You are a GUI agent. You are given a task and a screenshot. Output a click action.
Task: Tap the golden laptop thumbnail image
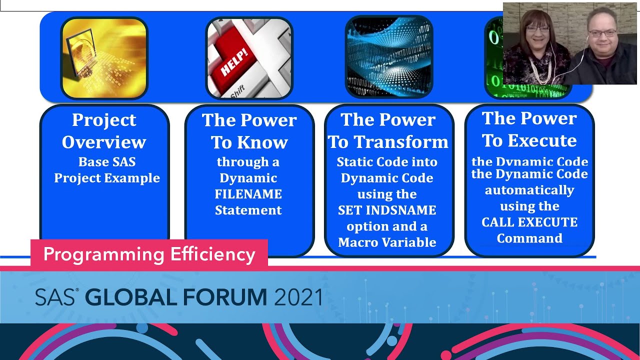(x=104, y=57)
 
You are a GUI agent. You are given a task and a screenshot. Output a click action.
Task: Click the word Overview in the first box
(x=104, y=142)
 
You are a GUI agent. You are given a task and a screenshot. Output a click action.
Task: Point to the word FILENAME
(x=248, y=194)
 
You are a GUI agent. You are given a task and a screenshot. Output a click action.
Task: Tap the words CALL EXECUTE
(x=529, y=222)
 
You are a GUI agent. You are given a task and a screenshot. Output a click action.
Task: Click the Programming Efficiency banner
(x=149, y=254)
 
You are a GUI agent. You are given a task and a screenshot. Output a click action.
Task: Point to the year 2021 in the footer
(x=298, y=297)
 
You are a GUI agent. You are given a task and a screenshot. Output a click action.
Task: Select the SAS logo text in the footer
(x=55, y=298)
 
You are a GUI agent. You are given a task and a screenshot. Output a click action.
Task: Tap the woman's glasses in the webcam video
(x=537, y=29)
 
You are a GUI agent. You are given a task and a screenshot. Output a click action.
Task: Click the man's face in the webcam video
(x=602, y=34)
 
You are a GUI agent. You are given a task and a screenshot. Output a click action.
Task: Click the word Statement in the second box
(x=248, y=210)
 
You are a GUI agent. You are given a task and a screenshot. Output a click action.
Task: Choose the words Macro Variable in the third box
(x=387, y=242)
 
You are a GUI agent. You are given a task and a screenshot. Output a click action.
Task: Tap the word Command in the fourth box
(x=529, y=238)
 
